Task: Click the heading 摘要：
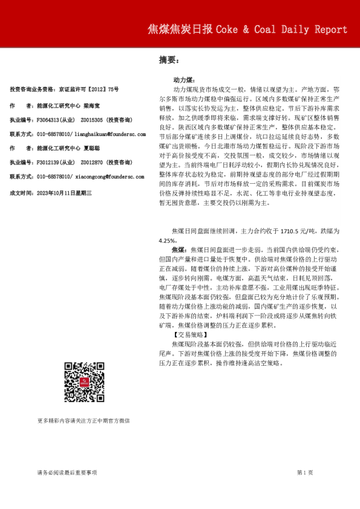click(x=168, y=60)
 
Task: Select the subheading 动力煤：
click(x=183, y=80)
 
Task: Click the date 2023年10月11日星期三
click(x=64, y=192)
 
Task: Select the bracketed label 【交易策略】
click(x=190, y=334)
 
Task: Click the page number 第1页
click(x=305, y=472)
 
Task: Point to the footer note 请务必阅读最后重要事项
click(x=67, y=472)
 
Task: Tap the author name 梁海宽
click(x=93, y=105)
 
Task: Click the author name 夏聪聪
click(x=93, y=148)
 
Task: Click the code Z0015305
click(x=91, y=120)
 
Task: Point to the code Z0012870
click(x=91, y=162)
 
